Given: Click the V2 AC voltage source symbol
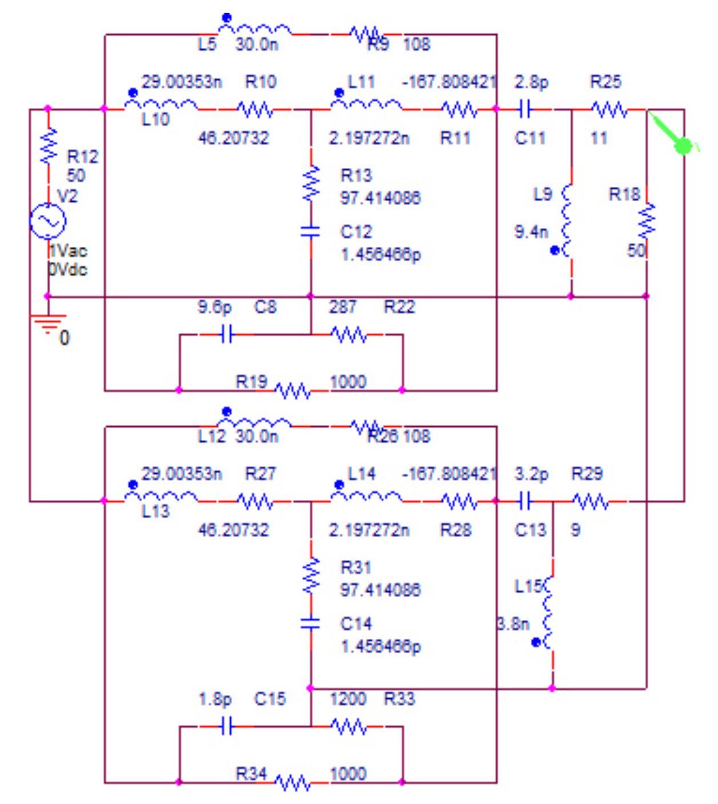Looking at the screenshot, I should pos(48,221).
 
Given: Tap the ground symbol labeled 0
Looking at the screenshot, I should pos(49,323).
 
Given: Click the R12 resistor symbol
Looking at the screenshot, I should pos(49,145).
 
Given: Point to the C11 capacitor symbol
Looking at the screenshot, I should pos(525,109).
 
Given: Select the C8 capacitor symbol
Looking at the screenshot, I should pos(227,334).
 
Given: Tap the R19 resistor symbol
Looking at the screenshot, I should pos(293,391).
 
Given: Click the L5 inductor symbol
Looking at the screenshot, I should pos(255,29).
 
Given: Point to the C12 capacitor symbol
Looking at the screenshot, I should pos(311,231).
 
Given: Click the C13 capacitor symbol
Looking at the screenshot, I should pos(525,501).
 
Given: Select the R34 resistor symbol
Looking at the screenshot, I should pos(293,782).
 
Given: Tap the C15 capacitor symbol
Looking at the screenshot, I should pos(227,726).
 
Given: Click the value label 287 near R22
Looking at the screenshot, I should pos(343,307).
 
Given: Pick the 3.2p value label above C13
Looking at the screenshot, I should pos(531,474).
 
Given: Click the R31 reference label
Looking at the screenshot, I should pos(356,567).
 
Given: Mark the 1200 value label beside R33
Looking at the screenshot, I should pos(348,699).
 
